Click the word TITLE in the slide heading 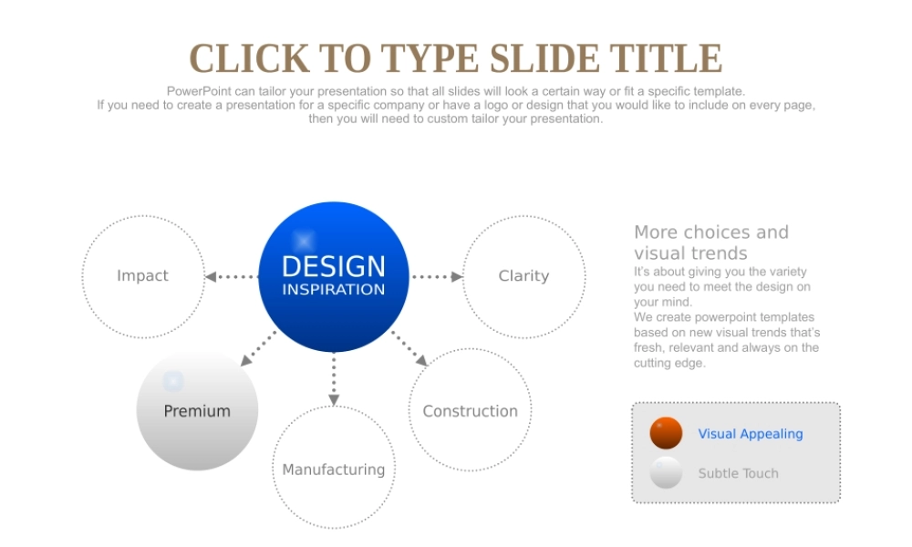coord(666,58)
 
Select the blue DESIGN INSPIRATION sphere coord(333,277)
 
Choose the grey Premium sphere coord(197,410)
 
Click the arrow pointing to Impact coord(232,277)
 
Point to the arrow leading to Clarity coord(437,277)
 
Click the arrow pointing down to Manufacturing coord(334,379)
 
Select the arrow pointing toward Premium coord(258,349)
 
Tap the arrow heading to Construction coord(409,349)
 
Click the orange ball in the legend coord(666,433)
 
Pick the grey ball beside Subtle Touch coord(666,472)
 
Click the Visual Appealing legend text coord(751,434)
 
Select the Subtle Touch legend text coord(738,473)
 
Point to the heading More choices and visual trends coord(711,243)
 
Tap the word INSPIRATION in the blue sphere coord(333,290)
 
